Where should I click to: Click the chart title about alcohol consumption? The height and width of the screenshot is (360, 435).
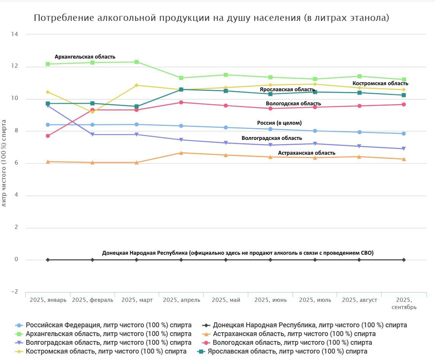(x=211, y=18)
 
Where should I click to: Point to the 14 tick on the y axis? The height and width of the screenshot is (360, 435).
(x=15, y=34)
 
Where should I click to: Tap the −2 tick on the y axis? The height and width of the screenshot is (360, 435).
(x=14, y=292)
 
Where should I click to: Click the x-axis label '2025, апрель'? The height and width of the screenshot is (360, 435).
(x=181, y=300)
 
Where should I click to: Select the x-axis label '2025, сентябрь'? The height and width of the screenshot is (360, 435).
(x=404, y=303)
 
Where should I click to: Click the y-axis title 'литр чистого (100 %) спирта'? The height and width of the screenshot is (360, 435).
(x=4, y=163)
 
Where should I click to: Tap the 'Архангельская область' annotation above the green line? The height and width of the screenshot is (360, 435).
(x=85, y=57)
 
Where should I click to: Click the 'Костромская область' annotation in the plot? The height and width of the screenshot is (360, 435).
(x=380, y=83)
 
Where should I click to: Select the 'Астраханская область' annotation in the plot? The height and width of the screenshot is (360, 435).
(x=307, y=153)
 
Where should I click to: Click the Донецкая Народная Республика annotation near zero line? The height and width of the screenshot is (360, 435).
(x=238, y=253)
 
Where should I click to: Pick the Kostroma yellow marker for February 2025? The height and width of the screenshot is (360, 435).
(x=92, y=112)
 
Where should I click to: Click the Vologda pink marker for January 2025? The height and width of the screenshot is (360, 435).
(x=48, y=136)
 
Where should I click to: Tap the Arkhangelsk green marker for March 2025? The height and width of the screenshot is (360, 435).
(x=137, y=62)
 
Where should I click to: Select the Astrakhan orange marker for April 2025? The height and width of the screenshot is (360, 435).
(x=181, y=153)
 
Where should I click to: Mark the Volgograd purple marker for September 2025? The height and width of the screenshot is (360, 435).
(x=404, y=149)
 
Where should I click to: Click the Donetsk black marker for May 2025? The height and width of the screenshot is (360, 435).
(x=226, y=260)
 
